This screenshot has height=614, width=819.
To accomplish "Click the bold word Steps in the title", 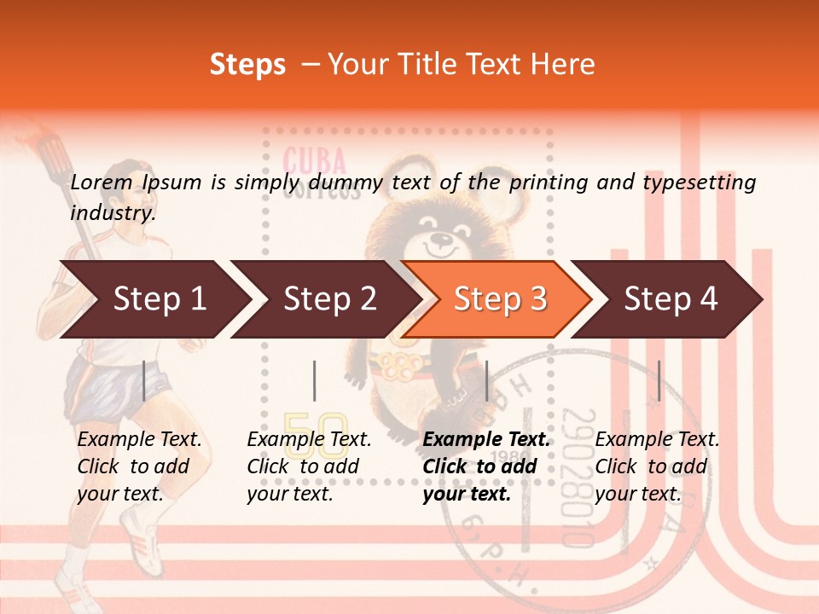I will point(247,65).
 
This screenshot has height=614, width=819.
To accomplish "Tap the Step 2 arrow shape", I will point(324,299).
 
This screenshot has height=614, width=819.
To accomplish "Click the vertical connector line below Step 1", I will point(144,380).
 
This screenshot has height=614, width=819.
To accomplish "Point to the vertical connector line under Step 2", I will point(315,380).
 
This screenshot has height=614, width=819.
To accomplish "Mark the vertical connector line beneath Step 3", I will point(486,380).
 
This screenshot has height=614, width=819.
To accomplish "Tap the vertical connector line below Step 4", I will point(659,380).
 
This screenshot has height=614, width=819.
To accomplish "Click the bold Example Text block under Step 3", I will point(486,466).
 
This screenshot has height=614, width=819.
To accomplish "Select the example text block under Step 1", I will point(139,466).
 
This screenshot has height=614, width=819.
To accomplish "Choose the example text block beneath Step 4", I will point(657,466).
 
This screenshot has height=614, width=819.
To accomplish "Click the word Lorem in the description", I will point(102,182).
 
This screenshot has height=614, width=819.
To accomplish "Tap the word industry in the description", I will point(112,213).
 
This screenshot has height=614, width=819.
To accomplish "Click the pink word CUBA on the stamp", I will point(314,161).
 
